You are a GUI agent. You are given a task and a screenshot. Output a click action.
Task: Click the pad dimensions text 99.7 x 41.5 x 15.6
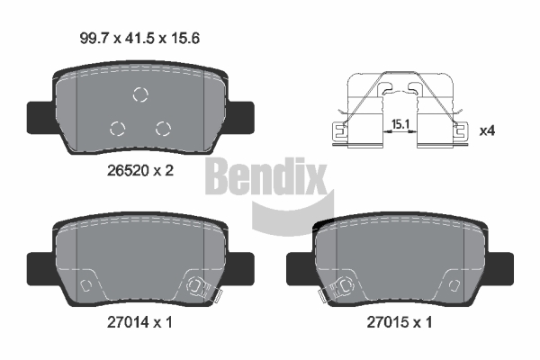[139, 38]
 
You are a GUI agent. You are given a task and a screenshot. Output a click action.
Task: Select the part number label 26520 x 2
[140, 170]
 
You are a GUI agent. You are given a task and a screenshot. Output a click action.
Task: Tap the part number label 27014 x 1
[139, 322]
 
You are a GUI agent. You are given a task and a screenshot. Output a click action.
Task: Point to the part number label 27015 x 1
[399, 322]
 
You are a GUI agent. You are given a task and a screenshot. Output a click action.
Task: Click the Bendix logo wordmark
[265, 176]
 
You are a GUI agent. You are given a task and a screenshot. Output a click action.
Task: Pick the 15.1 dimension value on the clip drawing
[400, 124]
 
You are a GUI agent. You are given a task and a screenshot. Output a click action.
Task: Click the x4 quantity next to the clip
[487, 130]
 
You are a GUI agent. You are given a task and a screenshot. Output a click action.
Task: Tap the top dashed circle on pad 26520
[140, 94]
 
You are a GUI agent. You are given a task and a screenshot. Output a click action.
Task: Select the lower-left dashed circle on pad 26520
[117, 129]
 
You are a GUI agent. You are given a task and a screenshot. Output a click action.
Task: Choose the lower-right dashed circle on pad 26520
[163, 129]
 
